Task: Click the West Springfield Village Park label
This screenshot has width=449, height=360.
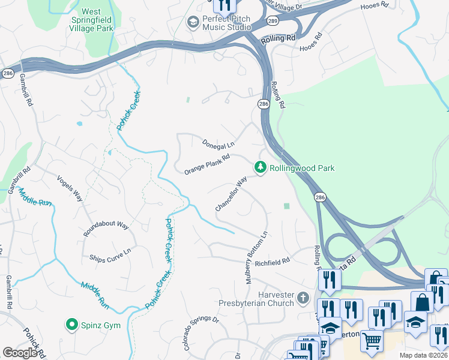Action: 91,20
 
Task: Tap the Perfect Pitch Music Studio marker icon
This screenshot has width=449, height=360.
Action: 193,23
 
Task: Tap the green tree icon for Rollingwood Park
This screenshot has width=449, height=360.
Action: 261,168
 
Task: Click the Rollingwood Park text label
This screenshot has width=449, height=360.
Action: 301,169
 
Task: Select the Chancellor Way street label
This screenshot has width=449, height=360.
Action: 231,193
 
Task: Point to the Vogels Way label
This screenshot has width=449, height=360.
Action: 69,187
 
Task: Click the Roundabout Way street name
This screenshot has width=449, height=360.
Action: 106,229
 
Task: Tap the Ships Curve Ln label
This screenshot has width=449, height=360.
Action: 110,255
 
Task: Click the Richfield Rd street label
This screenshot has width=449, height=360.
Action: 272,261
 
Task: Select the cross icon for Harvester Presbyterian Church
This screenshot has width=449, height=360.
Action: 303,298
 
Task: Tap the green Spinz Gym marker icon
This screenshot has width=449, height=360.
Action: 72,325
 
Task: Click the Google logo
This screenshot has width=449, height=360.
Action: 20,352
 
